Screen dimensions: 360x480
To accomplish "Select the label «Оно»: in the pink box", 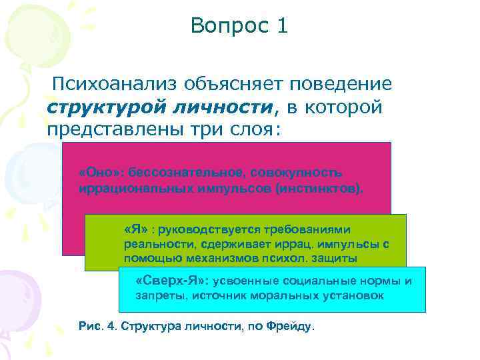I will (x=97, y=173).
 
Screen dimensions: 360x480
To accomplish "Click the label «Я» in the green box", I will (x=134, y=228).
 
